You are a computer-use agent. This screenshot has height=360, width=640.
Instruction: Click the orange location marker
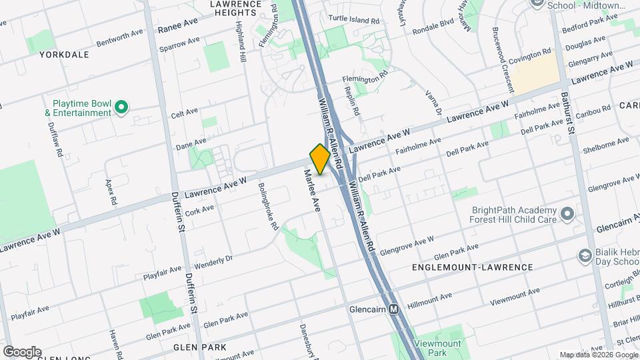pyautogui.click(x=320, y=159)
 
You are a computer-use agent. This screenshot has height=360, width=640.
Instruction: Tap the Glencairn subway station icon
pyautogui.click(x=394, y=309)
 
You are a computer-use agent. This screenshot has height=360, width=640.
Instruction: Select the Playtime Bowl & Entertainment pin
pyautogui.click(x=121, y=107)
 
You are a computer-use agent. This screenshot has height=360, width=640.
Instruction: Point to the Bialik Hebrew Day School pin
pyautogui.click(x=585, y=257)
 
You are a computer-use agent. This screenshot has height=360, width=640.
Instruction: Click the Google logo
pyautogui.click(x=22, y=352)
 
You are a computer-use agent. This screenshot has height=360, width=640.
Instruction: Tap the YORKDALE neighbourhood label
pyautogui.click(x=64, y=55)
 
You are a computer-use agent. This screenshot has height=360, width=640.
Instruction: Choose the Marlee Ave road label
pyautogui.click(x=313, y=191)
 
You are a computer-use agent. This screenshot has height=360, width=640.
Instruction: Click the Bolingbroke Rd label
pyautogui.click(x=267, y=207)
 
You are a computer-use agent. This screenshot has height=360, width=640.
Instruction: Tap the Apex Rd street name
pyautogui.click(x=111, y=191)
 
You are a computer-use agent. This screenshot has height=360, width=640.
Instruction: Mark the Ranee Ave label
pyautogui.click(x=178, y=25)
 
